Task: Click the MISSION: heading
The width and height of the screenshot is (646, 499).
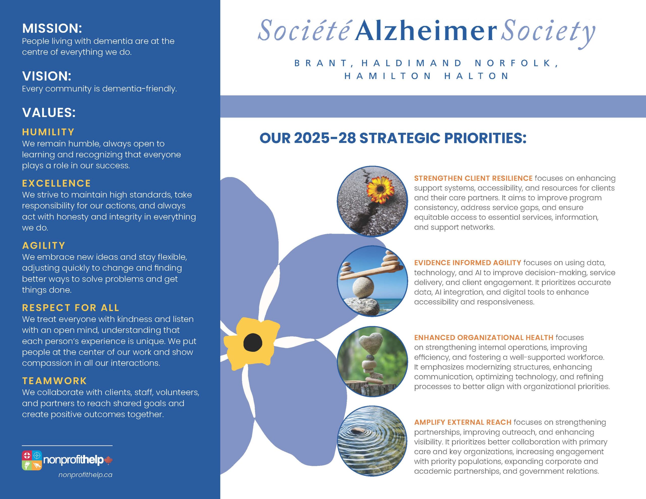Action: (52, 28)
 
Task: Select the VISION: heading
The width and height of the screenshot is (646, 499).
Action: (47, 76)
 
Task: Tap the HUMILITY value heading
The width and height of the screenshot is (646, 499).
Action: (48, 132)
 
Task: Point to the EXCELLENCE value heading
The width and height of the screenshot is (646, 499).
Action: (57, 183)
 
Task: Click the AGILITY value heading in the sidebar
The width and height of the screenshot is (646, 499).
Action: (44, 246)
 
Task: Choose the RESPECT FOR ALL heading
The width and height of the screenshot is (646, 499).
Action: (71, 308)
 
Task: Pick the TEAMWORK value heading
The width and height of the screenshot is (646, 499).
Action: (55, 381)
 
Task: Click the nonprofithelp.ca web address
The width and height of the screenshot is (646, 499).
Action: (86, 475)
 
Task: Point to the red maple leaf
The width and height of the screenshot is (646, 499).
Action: (109, 460)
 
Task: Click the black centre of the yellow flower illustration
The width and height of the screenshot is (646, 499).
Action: (253, 343)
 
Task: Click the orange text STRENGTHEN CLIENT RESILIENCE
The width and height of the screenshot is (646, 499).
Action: (473, 178)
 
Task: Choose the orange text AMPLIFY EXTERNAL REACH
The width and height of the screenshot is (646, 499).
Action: (463, 422)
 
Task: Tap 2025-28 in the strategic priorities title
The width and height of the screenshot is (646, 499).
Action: (325, 138)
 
